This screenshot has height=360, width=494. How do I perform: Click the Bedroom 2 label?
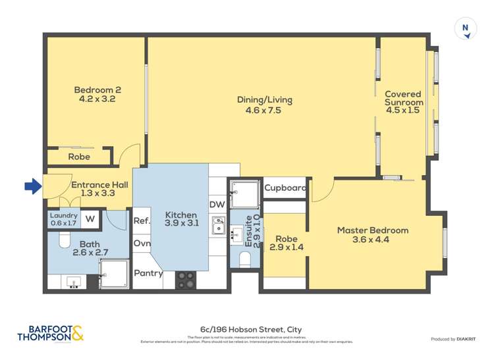97,95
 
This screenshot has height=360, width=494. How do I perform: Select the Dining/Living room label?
264,105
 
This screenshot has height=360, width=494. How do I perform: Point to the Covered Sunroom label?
404,103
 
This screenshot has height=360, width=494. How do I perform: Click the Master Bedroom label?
373,236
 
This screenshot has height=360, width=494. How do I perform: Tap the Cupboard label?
285,188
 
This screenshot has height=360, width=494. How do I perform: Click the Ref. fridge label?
142,221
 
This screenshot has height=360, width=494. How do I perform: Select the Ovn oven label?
142,244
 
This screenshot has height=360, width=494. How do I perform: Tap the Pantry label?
148,273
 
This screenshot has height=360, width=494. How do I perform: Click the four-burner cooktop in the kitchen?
185,280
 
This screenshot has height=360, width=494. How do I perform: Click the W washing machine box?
90,219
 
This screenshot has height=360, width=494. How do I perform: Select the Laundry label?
64,219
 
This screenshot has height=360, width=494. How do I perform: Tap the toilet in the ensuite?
244,261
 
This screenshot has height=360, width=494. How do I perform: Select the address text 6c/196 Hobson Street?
251,329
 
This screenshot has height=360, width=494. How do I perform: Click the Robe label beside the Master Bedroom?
285,244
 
